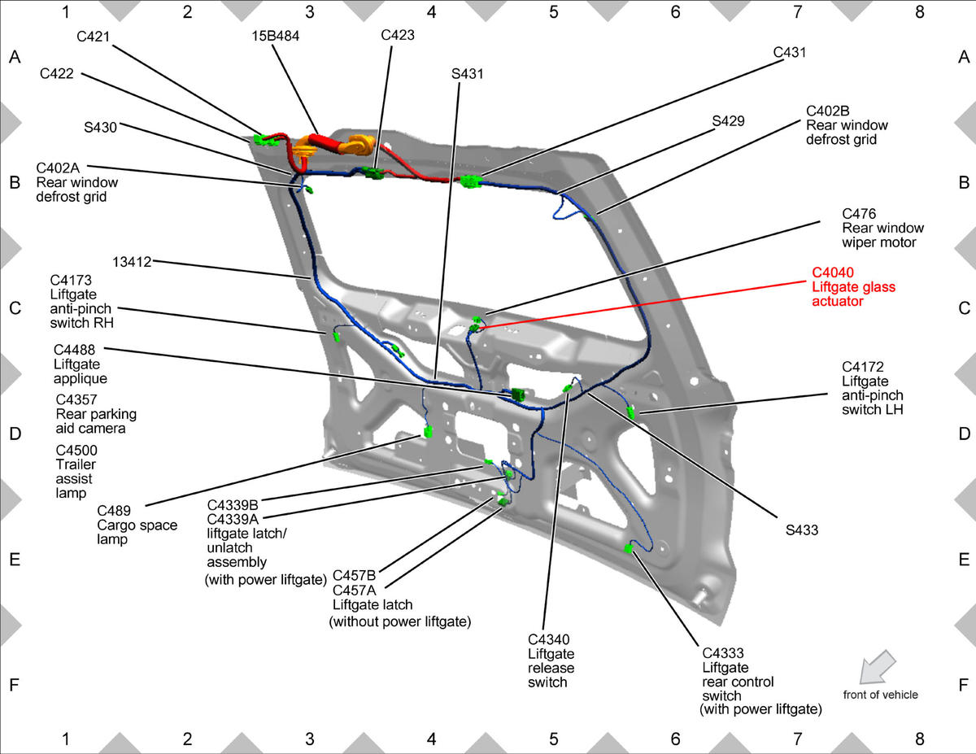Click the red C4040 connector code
click(x=833, y=272)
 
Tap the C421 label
click(x=93, y=37)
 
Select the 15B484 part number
click(x=276, y=36)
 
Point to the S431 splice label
click(x=468, y=74)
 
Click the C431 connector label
click(x=790, y=53)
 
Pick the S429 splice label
click(x=728, y=121)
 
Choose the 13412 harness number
click(x=132, y=262)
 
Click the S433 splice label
click(x=802, y=530)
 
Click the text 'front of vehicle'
click(x=880, y=695)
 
